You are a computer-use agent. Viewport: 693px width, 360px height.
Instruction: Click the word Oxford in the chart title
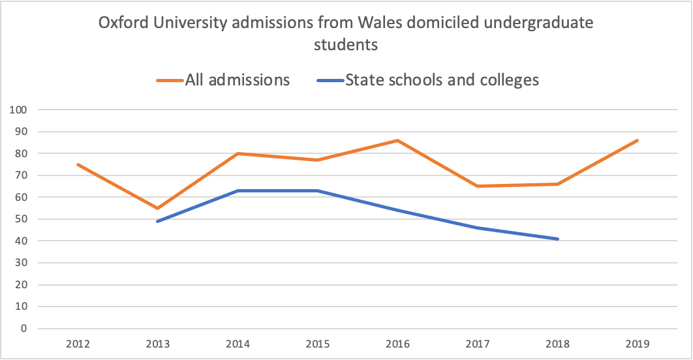[121, 23]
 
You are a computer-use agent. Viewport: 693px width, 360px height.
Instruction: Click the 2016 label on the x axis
[397, 344]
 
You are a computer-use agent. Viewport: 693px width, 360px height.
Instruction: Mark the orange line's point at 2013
[157, 208]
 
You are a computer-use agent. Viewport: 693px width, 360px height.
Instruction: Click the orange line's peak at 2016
[397, 140]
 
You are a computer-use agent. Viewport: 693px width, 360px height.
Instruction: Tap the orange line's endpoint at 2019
[638, 140]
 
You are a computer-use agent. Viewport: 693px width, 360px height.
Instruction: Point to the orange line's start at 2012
[78, 164]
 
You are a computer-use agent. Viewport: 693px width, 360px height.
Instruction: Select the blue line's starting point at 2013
[157, 221]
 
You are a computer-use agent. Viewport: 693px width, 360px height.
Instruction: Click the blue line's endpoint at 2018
[558, 239]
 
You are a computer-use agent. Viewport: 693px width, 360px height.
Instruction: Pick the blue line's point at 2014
[238, 190]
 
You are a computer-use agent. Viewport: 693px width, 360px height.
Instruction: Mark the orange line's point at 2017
[478, 186]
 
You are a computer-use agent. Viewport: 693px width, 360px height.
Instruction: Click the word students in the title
[346, 46]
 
